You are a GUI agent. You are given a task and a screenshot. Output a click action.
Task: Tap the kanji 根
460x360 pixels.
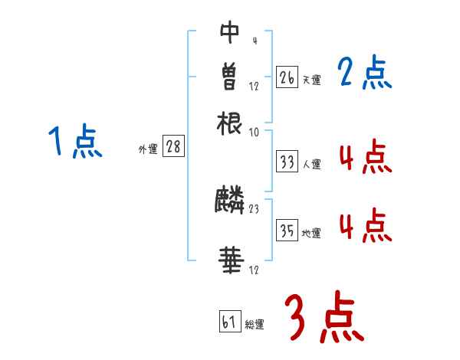[230, 122]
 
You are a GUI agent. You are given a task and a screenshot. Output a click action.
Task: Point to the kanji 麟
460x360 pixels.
[230, 201]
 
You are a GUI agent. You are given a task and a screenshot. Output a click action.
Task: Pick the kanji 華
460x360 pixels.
[230, 261]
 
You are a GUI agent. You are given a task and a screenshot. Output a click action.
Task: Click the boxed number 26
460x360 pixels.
[287, 77]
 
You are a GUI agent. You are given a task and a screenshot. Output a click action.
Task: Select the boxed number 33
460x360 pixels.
[287, 162]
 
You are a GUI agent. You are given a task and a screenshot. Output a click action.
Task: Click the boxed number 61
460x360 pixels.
[229, 322]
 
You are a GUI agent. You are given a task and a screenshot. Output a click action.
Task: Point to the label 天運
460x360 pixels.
[311, 80]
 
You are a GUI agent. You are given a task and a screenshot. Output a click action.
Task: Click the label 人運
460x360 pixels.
[312, 164]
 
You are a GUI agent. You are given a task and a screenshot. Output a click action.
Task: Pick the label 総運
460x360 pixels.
[255, 324]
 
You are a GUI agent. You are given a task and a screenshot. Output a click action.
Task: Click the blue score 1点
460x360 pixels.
[75, 142]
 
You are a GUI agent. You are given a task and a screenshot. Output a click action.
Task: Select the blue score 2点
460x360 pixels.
[364, 74]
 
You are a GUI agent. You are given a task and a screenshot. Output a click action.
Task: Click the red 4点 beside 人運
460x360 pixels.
[364, 158]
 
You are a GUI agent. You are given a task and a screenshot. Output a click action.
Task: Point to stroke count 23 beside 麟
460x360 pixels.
[255, 208]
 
